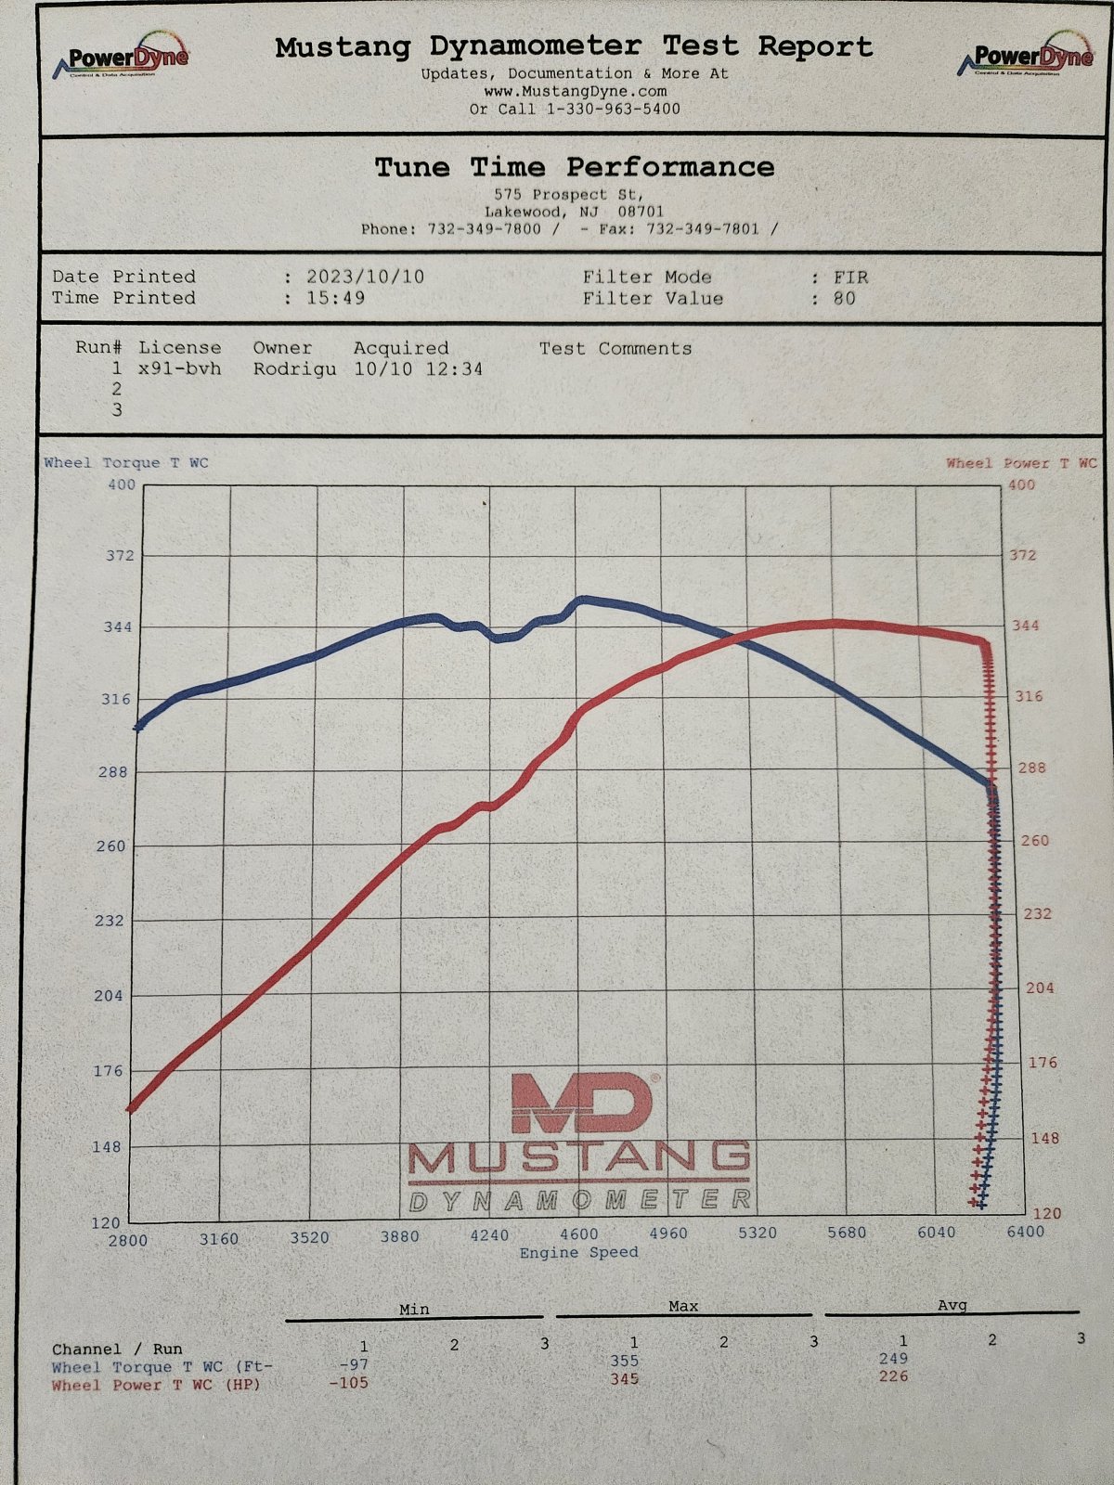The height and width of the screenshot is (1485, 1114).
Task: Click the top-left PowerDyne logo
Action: pyautogui.click(x=121, y=57)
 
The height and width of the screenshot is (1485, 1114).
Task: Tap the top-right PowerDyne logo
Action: pyautogui.click(x=1026, y=55)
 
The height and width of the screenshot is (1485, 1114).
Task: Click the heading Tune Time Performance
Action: pyautogui.click(x=575, y=167)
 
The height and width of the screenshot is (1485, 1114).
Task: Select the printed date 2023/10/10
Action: pyautogui.click(x=365, y=277)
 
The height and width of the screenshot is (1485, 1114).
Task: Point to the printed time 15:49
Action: pyautogui.click(x=335, y=298)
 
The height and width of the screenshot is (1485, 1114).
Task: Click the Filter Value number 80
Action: pyautogui.click(x=844, y=298)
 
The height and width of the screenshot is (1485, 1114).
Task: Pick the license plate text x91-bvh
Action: pyautogui.click(x=180, y=369)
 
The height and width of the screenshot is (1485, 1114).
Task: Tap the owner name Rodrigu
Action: pyautogui.click(x=295, y=369)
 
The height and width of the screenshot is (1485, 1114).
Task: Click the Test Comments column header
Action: pyautogui.click(x=615, y=349)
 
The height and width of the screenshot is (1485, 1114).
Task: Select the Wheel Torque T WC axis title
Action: pyautogui.click(x=126, y=463)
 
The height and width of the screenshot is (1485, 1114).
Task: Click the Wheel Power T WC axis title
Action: pyautogui.click(x=1021, y=463)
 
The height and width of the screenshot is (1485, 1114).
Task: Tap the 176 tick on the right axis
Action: pyautogui.click(x=1043, y=1062)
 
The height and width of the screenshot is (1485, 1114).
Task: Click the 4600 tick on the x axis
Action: pyautogui.click(x=579, y=1233)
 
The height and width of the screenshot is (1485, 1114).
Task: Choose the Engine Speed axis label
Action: pyautogui.click(x=579, y=1252)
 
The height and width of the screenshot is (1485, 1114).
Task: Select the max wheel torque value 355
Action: pyautogui.click(x=624, y=1360)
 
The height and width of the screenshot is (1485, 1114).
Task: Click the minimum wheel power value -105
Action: pyautogui.click(x=348, y=1383)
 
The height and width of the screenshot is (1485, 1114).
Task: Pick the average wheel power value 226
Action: pyautogui.click(x=893, y=1376)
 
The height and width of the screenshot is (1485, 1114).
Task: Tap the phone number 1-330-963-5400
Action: pyautogui.click(x=614, y=109)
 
